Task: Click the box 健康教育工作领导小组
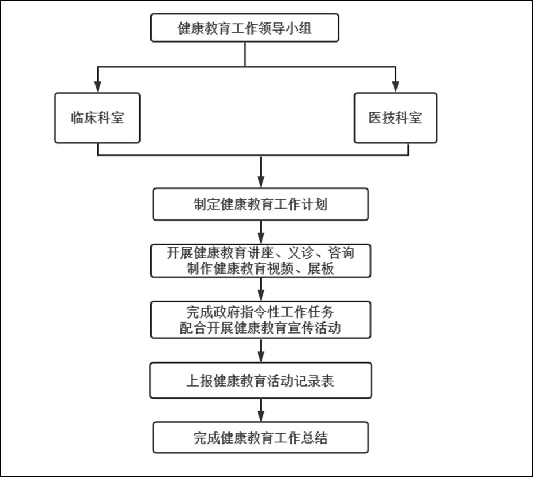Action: (x=245, y=28)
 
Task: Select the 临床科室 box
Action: (x=97, y=118)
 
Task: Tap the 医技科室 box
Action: (x=395, y=118)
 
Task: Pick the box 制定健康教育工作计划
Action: (x=260, y=204)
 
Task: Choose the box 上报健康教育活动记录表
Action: (x=260, y=381)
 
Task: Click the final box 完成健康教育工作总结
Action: (x=260, y=438)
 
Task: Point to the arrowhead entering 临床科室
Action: (x=98, y=86)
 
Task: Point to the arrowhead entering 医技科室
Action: (x=395, y=86)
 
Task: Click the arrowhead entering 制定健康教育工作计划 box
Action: (x=260, y=182)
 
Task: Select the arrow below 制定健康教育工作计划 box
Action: (x=260, y=232)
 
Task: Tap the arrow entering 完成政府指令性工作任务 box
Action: (x=260, y=289)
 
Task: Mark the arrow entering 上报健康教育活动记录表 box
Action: (x=260, y=350)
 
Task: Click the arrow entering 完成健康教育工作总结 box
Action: (x=260, y=410)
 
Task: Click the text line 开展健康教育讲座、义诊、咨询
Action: (x=260, y=253)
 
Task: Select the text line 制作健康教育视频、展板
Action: (x=260, y=268)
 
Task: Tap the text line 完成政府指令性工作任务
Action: (x=260, y=312)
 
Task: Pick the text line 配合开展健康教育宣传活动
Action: (x=260, y=328)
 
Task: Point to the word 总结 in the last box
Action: (x=315, y=438)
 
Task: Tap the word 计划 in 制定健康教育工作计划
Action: (x=315, y=205)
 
